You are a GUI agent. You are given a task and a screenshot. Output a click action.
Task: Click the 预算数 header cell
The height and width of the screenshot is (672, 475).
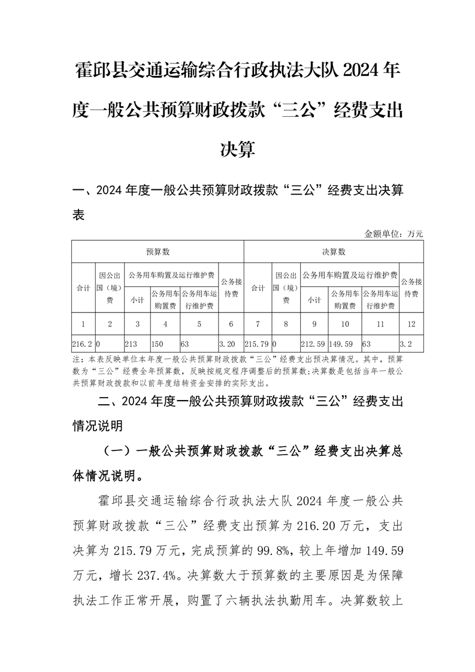pyautogui.click(x=158, y=252)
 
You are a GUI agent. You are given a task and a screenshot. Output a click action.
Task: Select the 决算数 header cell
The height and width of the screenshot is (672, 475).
pyautogui.click(x=334, y=252)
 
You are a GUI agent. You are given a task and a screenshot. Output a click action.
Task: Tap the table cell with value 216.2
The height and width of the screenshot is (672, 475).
pyautogui.click(x=83, y=345)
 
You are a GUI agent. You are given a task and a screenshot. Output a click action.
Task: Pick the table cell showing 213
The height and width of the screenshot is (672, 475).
pyautogui.click(x=137, y=345)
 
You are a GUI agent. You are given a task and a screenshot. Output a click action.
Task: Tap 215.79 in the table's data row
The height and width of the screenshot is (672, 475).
pyautogui.click(x=258, y=345)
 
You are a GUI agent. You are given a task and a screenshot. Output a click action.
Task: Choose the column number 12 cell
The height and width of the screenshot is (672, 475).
pyautogui.click(x=411, y=324)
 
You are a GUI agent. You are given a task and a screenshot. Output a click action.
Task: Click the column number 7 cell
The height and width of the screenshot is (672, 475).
pyautogui.click(x=258, y=324)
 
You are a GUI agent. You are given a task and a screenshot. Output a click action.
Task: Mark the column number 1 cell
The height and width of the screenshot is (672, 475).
pyautogui.click(x=83, y=324)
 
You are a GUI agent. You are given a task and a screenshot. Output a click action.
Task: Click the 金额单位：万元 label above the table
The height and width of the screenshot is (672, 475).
pyautogui.click(x=394, y=234)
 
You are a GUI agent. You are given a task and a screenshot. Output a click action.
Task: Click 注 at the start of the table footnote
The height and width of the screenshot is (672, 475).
pyautogui.click(x=76, y=361)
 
